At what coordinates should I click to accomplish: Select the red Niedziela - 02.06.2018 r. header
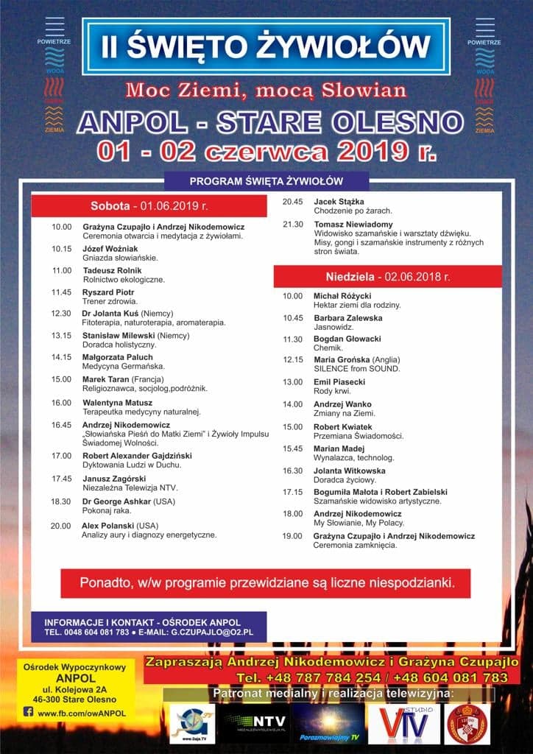(x=388, y=277)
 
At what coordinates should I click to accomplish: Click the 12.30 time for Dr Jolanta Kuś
(x=61, y=313)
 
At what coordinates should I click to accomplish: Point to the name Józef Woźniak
(x=105, y=249)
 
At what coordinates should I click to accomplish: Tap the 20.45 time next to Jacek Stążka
(x=293, y=202)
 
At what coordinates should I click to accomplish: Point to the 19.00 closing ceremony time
(x=293, y=536)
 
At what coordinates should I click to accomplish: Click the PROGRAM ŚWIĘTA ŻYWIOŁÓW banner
(x=266, y=181)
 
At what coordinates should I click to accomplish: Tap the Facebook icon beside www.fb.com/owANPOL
(x=29, y=712)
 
